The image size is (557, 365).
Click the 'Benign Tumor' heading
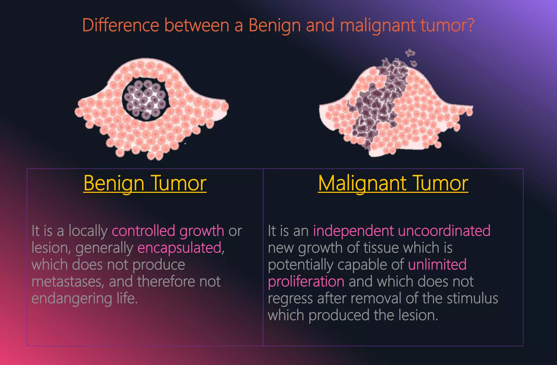(x=145, y=183)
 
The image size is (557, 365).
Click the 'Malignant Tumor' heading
(x=393, y=183)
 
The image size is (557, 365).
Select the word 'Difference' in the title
(x=120, y=25)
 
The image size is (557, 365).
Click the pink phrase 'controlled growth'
(x=168, y=231)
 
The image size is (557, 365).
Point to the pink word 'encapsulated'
(x=180, y=248)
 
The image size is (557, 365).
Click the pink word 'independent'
(x=353, y=231)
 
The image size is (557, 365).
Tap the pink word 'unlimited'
(x=437, y=264)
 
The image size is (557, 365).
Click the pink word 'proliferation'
(x=306, y=282)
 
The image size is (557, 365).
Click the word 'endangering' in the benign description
(x=72, y=299)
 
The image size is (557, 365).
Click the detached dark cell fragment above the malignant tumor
(x=410, y=53)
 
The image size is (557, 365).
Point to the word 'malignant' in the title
(x=378, y=26)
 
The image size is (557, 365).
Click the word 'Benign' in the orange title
(x=275, y=26)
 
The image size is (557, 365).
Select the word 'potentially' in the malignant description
(x=300, y=265)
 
